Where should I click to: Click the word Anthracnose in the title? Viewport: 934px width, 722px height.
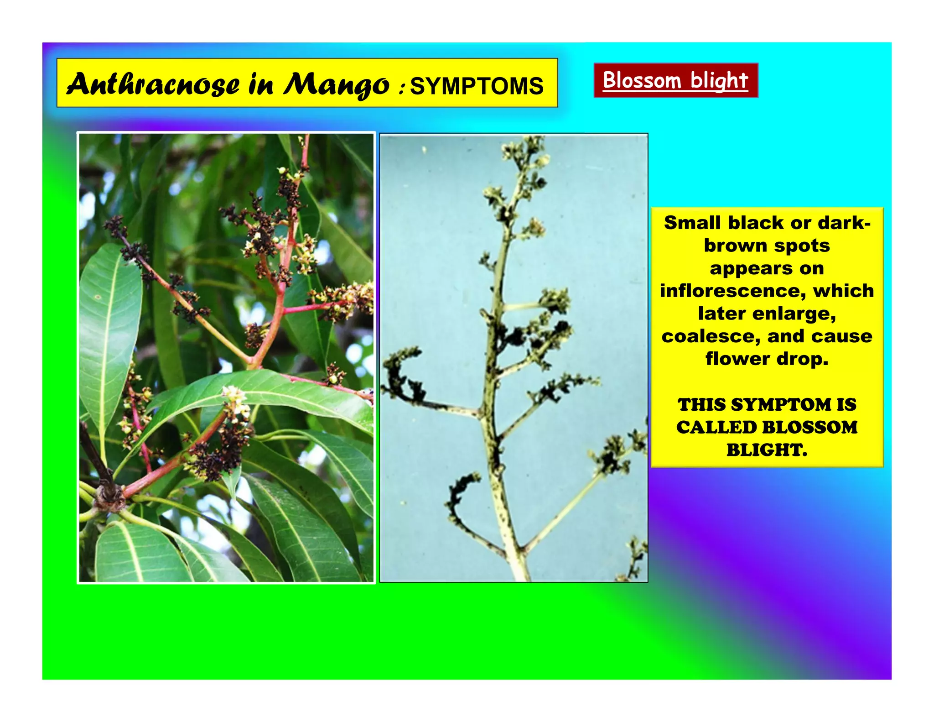pos(153,84)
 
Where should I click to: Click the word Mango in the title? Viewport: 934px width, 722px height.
pos(336,84)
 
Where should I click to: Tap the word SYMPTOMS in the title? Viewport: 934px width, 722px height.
pos(477,86)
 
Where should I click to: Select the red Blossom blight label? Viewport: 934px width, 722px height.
pos(675,80)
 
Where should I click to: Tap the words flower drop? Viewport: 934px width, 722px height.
pos(767,359)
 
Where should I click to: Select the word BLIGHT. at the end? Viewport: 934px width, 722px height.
pos(767,450)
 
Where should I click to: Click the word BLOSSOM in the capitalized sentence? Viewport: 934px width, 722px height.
pos(810,428)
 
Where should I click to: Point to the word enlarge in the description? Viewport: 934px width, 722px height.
pos(794,314)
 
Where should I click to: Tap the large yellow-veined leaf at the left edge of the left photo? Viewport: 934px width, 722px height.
pos(109,319)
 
